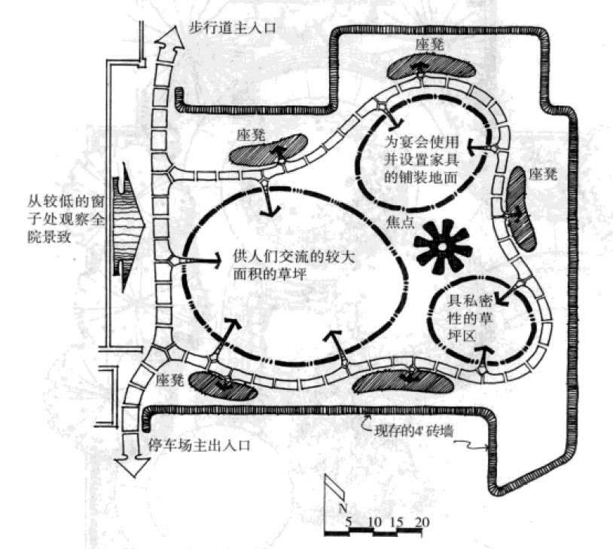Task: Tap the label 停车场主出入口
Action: [195, 444]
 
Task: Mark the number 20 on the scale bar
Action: [422, 522]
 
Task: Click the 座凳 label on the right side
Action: [541, 174]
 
